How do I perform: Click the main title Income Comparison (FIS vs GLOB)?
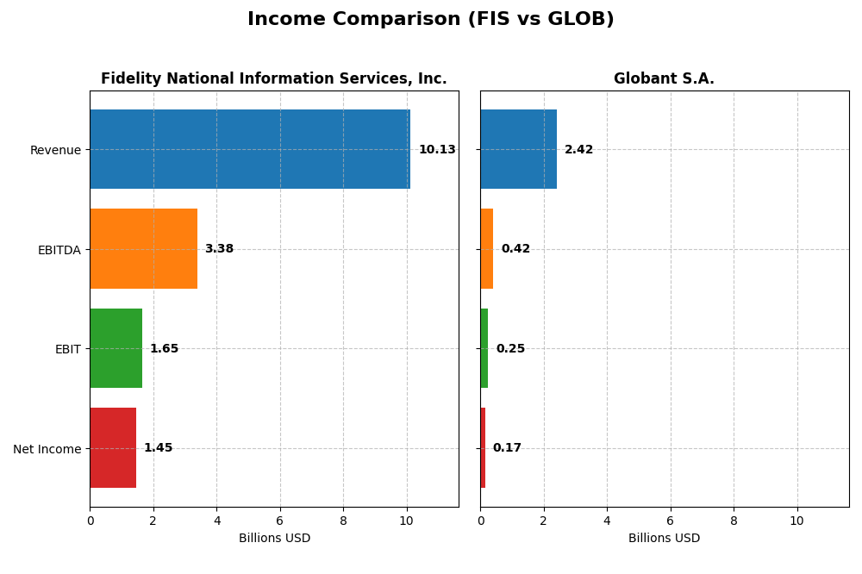pos(430,19)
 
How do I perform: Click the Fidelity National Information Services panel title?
pos(273,78)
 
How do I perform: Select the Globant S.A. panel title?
pos(664,78)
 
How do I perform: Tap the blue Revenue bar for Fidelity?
pos(250,149)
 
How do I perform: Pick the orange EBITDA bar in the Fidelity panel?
pos(143,248)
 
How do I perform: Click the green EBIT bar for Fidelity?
pos(116,348)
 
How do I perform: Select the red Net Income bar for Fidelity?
pos(113,447)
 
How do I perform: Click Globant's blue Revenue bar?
pos(518,149)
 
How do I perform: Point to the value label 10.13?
pos(437,150)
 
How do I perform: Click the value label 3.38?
pos(219,249)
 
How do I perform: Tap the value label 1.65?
pos(164,349)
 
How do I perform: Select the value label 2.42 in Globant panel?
pos(578,150)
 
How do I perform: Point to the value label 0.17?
pos(507,448)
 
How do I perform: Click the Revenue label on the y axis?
pos(55,150)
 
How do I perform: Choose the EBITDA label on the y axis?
pos(59,250)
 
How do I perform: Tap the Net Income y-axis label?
pos(47,449)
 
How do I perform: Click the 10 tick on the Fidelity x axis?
pos(406,521)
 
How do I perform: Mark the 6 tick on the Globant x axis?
pos(671,521)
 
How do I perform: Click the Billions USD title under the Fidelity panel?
pos(274,539)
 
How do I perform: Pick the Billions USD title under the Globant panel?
pos(664,539)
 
